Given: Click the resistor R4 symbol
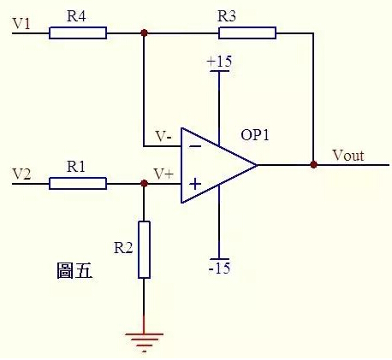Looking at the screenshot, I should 78,33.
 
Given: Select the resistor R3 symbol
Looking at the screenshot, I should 247,33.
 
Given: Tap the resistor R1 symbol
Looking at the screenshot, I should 78,183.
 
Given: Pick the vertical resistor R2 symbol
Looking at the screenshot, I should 144,249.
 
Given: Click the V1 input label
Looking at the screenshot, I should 21,24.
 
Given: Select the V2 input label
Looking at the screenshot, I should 21,174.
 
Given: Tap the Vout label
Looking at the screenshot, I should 347,155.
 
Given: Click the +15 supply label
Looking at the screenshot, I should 219,62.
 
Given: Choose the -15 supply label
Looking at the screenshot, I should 219,269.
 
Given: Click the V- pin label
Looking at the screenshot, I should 163,136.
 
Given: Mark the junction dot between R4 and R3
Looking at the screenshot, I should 144,33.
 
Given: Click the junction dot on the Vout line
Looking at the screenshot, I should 314,164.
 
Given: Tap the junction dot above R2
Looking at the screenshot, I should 144,183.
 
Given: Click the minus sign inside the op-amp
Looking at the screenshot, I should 194,145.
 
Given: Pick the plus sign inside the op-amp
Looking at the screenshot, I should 194,183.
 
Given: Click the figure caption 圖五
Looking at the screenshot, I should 73,273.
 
